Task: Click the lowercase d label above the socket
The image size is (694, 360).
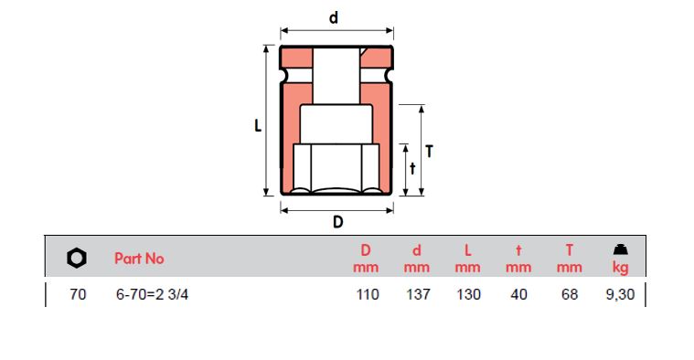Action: click(334, 17)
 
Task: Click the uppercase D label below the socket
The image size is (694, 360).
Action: click(337, 222)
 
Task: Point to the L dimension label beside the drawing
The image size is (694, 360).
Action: click(258, 127)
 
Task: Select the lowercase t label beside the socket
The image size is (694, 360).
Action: click(412, 168)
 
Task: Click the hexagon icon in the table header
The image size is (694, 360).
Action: click(77, 259)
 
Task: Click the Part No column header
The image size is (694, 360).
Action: click(139, 259)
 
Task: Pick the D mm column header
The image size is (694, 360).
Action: click(366, 259)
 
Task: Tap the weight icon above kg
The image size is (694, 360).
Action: click(620, 249)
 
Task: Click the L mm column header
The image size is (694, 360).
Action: click(467, 259)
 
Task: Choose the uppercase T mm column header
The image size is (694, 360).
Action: click(569, 259)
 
